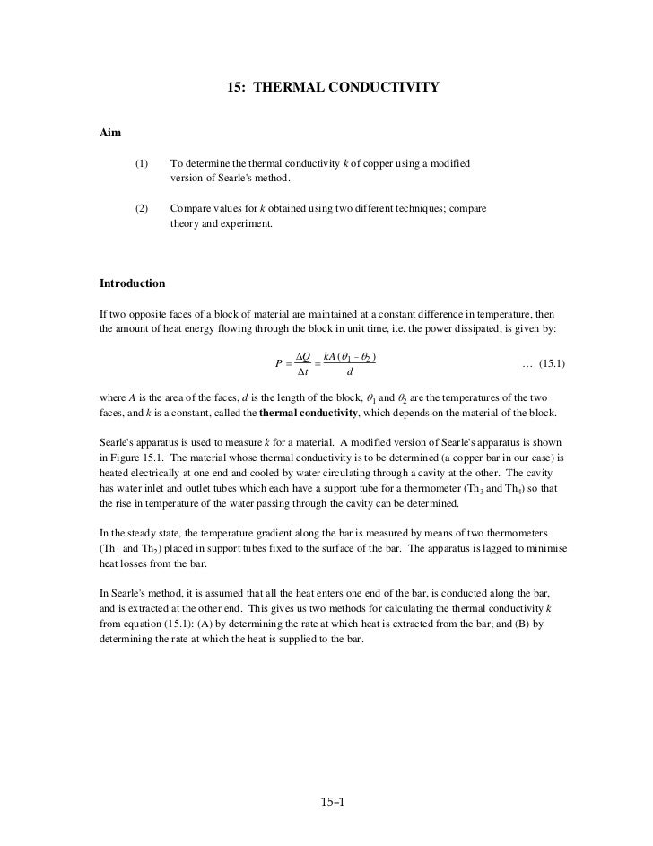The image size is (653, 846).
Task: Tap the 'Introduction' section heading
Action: tap(133, 283)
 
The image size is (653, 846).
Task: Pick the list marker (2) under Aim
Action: tap(143, 208)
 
